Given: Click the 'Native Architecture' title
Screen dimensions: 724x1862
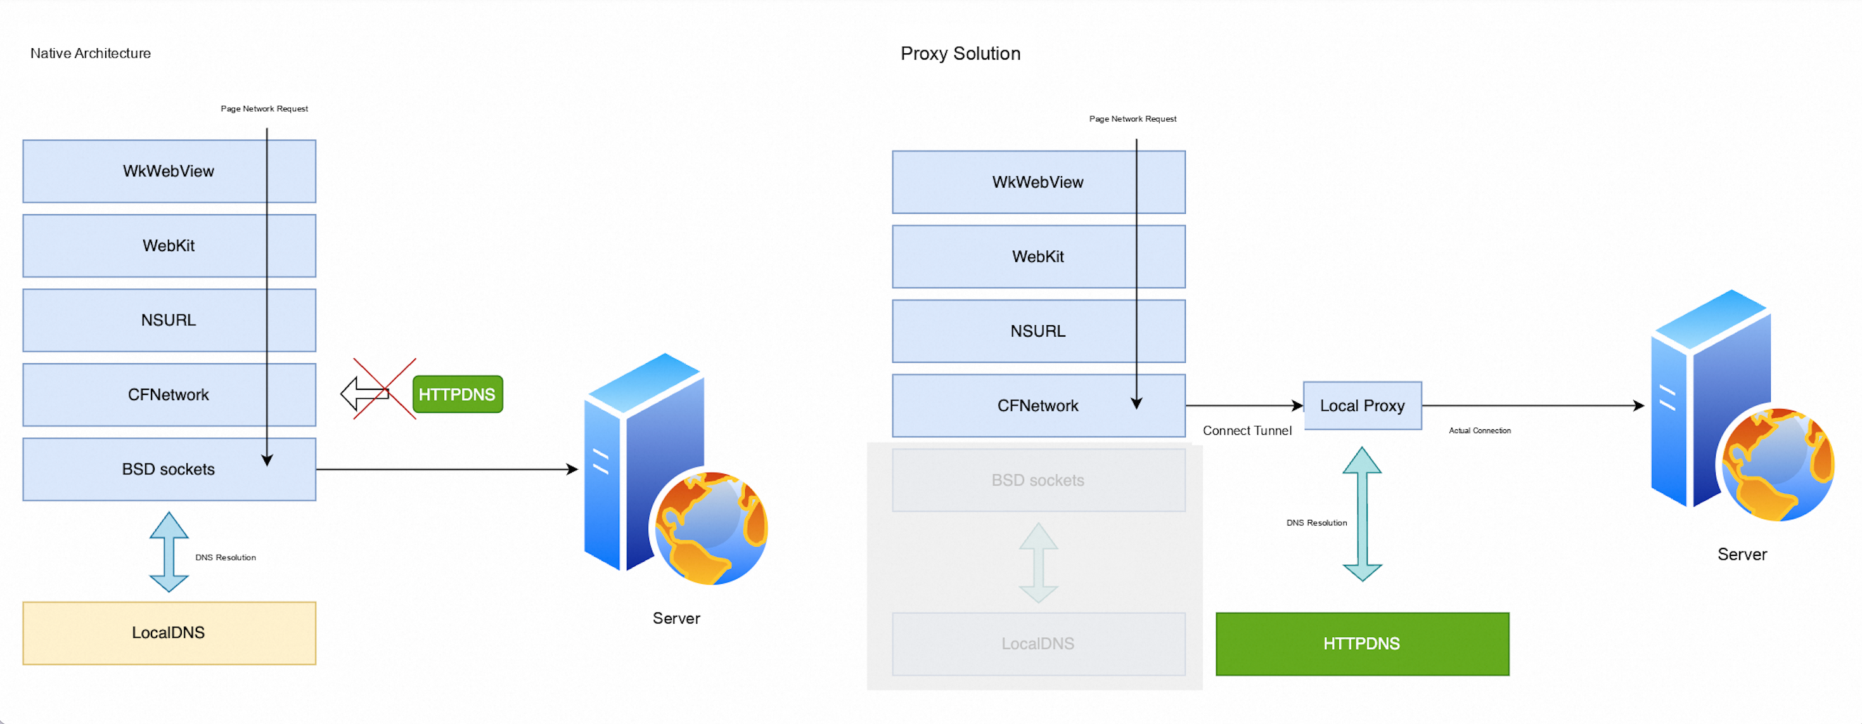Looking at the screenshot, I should [91, 53].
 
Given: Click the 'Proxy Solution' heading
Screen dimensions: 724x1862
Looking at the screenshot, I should [960, 53].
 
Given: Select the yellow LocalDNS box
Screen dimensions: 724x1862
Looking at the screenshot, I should [169, 633].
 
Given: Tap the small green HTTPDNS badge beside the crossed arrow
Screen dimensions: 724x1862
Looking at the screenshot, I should [458, 394].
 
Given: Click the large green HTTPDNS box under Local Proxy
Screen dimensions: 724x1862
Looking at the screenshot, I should [1362, 643].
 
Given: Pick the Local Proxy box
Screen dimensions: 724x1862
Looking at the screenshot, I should [1362, 406].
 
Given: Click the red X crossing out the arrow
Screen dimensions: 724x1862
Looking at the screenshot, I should [385, 389].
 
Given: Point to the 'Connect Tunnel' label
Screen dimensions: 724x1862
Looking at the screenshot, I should [1247, 430].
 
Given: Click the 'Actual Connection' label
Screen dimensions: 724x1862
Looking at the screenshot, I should [1480, 430].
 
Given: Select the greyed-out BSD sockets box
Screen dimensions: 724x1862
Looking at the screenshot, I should [1038, 481].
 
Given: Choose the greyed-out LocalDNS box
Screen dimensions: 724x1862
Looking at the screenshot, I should [1038, 643].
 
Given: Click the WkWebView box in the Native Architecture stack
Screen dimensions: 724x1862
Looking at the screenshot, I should [169, 171].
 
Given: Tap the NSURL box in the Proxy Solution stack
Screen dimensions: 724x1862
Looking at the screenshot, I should [1038, 332].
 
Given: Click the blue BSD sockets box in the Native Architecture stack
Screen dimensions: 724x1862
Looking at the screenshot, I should [169, 469].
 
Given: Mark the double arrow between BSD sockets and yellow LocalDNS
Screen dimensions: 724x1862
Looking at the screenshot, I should [169, 552].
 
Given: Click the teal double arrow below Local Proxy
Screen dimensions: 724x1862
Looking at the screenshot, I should [1362, 514].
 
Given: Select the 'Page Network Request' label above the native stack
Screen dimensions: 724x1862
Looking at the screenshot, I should [264, 108].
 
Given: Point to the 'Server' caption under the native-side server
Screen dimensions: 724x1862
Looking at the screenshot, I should [676, 618].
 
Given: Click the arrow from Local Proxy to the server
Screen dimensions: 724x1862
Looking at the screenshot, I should [1532, 406].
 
